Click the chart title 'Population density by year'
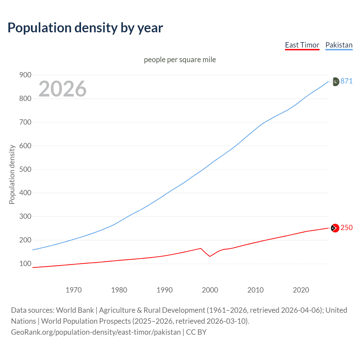click(x=85, y=28)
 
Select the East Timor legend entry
click(x=302, y=45)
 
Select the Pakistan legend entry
click(x=339, y=45)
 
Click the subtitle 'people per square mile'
click(x=180, y=60)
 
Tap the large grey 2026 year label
click(x=62, y=89)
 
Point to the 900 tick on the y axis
click(x=25, y=75)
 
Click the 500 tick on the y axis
click(x=25, y=169)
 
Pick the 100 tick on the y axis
click(x=25, y=264)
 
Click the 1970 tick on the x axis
click(x=74, y=290)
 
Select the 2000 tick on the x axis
click(x=210, y=290)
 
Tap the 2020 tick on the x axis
click(x=301, y=290)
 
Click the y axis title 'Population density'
click(x=12, y=174)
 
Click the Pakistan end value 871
click(x=346, y=81)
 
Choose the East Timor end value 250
click(x=346, y=228)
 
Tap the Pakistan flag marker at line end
click(x=335, y=82)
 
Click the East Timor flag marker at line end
click(x=335, y=228)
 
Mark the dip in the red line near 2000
click(x=210, y=256)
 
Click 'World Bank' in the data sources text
click(x=75, y=310)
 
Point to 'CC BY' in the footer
click(x=196, y=332)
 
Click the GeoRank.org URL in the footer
click(x=96, y=332)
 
